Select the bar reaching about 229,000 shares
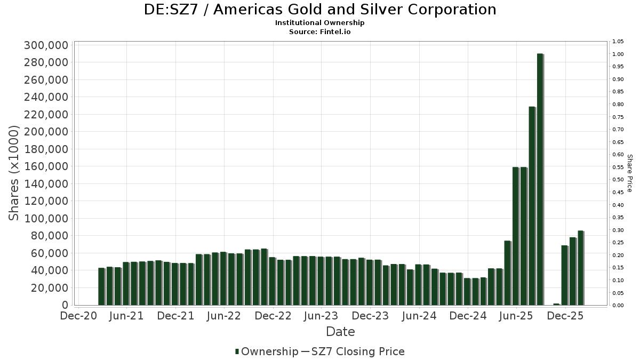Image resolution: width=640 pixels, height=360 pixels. tap(532, 206)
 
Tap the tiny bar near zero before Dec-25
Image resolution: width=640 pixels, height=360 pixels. tap(556, 304)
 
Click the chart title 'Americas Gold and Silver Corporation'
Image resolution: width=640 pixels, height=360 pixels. tap(320, 10)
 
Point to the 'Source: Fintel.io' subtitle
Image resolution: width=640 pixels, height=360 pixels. tap(320, 31)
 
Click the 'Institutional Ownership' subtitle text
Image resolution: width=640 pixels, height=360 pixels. tap(320, 23)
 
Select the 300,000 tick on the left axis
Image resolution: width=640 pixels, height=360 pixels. tap(46, 45)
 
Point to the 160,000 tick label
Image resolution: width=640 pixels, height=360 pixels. tap(46, 166)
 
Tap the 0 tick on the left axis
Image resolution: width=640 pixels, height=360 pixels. tap(65, 305)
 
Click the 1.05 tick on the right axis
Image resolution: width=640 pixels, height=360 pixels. tap(618, 42)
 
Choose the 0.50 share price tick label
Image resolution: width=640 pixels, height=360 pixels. tap(618, 180)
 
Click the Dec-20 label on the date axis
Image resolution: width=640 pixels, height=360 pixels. tap(78, 316)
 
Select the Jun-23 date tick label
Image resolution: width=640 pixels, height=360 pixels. tap(321, 316)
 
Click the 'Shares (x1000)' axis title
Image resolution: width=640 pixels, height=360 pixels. tap(14, 173)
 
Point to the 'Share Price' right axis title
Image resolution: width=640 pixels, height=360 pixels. tap(629, 173)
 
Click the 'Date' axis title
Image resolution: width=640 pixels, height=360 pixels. tap(340, 332)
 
